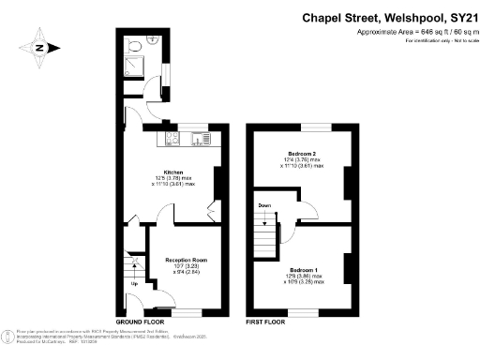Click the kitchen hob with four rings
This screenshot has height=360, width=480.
click(172, 140)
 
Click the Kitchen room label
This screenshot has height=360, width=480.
click(173, 172)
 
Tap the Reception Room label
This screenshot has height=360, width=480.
click(186, 260)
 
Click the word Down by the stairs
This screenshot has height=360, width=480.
click(264, 204)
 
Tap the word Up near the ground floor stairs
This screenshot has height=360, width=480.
click(134, 282)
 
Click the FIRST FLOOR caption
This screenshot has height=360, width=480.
click(265, 322)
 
